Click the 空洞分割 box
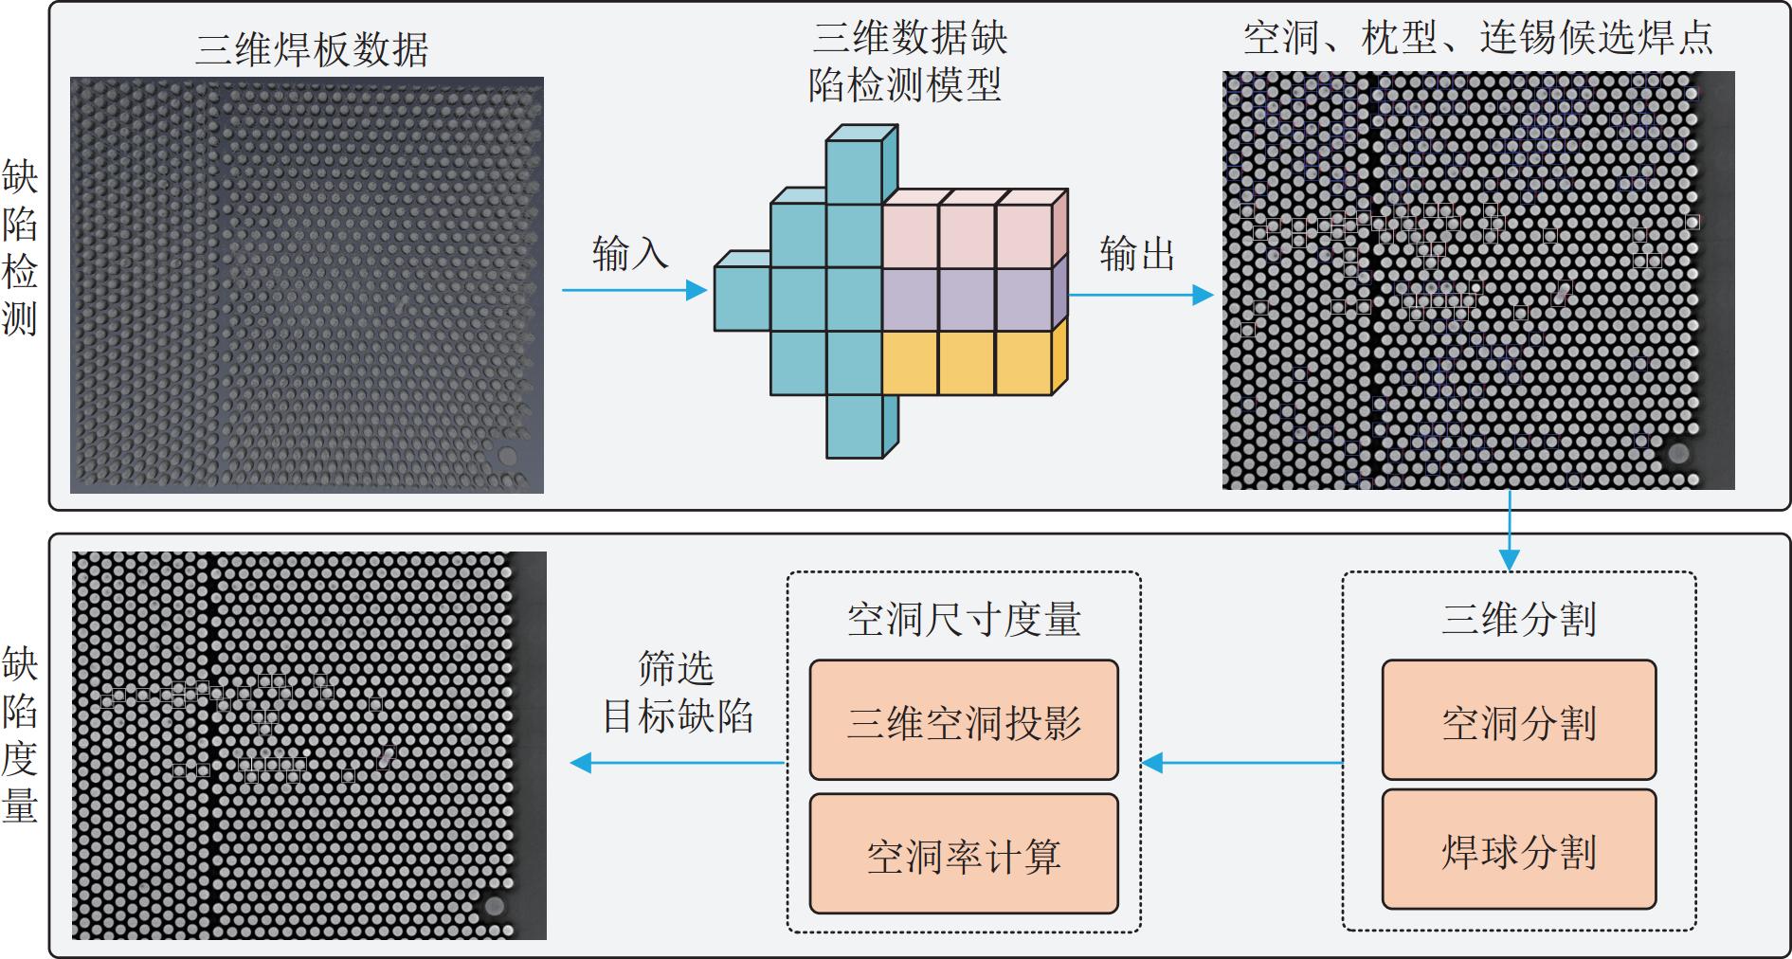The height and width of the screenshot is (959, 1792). point(1518,721)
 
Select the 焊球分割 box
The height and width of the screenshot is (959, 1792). point(1518,850)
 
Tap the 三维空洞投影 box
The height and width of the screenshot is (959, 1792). point(963,721)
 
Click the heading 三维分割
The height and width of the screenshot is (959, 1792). point(1518,619)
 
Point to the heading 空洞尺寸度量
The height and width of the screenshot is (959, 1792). point(963,619)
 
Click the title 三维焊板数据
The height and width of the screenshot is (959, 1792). point(312,48)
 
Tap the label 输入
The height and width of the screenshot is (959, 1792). point(629,254)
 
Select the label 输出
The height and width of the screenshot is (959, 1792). point(1136,254)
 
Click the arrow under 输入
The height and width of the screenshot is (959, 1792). point(634,290)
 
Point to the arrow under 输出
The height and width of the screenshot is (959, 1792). point(1141,295)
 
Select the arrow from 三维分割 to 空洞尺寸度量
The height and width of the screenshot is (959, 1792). point(1242,762)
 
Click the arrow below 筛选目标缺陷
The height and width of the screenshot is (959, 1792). point(677,762)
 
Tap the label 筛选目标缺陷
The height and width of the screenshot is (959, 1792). point(677,693)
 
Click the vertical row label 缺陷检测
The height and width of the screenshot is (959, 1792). point(20,247)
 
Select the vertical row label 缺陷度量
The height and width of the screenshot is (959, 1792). point(20,734)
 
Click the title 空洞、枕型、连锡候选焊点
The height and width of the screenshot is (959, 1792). point(1477,38)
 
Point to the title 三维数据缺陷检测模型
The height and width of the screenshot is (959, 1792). point(908,62)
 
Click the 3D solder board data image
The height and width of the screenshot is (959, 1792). point(307,285)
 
